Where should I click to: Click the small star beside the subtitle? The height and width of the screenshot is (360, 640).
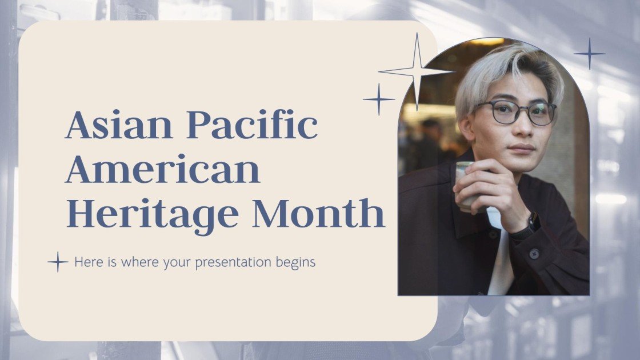pyautogui.click(x=58, y=262)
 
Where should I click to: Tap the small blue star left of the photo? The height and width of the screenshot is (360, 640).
pyautogui.click(x=378, y=99)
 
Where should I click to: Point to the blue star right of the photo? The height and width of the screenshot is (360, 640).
pyautogui.click(x=589, y=54)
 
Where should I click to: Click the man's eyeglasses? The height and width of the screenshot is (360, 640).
pyautogui.click(x=517, y=112)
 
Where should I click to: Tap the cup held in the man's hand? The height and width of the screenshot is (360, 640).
pyautogui.click(x=464, y=183)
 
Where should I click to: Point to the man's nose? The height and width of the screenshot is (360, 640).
pyautogui.click(x=522, y=129)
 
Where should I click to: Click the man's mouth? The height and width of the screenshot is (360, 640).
pyautogui.click(x=521, y=148)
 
